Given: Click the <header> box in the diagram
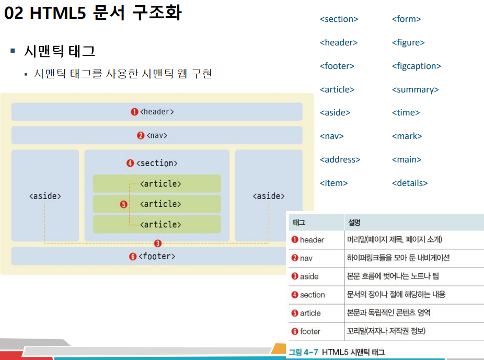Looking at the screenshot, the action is coord(157,112).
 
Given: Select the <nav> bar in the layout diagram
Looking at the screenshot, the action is coord(157,135).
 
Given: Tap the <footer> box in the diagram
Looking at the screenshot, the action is coord(157,256).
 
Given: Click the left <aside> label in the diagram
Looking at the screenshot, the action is coord(45,196).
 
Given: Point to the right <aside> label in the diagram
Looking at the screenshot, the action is coord(269,196).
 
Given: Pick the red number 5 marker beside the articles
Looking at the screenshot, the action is coord(124,204).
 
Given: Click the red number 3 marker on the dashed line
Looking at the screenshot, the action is coord(158,243).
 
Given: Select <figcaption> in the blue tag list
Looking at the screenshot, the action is coord(416,66).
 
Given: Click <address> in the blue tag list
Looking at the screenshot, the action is coord(340,159).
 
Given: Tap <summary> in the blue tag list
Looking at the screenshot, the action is coord(415,89).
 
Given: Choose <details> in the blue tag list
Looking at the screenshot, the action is coord(409,183).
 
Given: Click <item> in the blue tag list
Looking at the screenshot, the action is coord(333,183).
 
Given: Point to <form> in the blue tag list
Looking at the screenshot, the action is coord(406,19).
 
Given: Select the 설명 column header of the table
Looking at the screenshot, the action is coord(355,222).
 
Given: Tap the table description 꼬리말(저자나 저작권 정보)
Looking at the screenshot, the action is coord(386,331).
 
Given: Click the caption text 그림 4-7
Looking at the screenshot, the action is coord(304,352).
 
